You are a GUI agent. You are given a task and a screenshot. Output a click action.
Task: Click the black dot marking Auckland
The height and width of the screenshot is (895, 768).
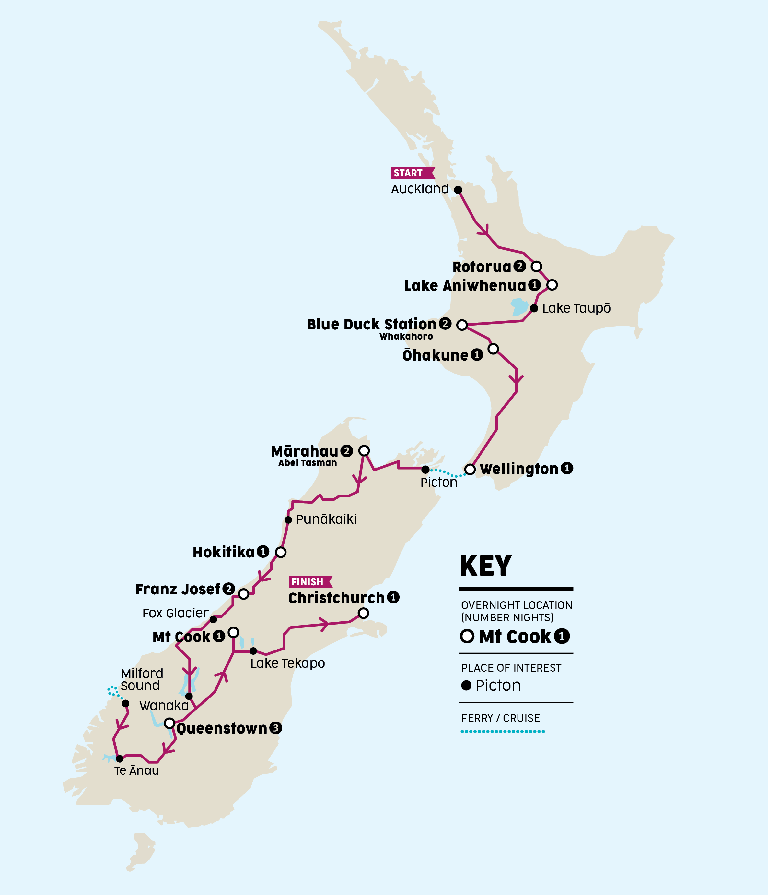click(x=458, y=190)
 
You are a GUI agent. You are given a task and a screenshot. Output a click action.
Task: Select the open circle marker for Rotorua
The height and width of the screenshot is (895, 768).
click(x=536, y=266)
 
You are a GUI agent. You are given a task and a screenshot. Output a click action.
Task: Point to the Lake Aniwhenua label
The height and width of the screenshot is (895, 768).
click(x=465, y=285)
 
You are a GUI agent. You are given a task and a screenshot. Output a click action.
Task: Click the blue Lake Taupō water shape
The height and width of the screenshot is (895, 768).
click(x=519, y=307)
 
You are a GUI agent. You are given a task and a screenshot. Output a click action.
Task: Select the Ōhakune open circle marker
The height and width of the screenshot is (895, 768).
click(x=493, y=349)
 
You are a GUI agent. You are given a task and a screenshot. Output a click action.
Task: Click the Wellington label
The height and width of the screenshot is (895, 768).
click(x=519, y=469)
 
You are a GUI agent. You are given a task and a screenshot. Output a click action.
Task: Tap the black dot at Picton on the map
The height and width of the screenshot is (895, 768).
click(x=425, y=469)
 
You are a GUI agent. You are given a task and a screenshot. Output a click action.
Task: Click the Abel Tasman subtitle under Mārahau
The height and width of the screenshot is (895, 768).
click(x=308, y=463)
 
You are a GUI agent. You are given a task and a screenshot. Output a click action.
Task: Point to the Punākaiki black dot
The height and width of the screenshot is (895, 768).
click(x=288, y=519)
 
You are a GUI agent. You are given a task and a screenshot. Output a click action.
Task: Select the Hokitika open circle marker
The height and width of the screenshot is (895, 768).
click(x=281, y=552)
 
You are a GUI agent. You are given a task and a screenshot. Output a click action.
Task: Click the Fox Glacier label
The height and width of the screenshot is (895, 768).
click(x=175, y=613)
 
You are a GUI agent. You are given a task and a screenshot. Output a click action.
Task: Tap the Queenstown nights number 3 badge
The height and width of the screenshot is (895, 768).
click(x=275, y=728)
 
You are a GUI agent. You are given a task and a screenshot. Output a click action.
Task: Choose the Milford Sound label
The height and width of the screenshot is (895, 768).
click(x=142, y=679)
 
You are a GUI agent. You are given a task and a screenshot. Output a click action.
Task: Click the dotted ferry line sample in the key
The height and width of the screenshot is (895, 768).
click(x=503, y=731)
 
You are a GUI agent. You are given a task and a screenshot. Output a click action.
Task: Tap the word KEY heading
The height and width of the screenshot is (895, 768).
click(x=486, y=566)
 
